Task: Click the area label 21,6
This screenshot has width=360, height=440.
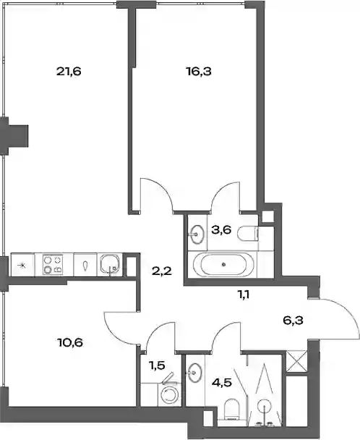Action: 69,71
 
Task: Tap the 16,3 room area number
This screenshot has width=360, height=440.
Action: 199,71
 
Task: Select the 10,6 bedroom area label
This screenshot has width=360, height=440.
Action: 70,342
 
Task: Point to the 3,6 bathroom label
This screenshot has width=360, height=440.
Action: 221,230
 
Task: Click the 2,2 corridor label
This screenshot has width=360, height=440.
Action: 162,271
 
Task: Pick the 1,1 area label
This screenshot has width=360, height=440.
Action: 244,295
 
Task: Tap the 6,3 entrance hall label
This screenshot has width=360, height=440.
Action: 293,320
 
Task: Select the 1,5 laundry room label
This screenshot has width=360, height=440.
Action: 157,365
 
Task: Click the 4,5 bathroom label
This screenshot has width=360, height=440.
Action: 222,383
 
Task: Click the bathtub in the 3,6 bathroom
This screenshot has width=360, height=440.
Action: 223,264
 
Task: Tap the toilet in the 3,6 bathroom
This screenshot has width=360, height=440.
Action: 248,233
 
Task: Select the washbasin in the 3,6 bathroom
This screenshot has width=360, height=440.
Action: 197,234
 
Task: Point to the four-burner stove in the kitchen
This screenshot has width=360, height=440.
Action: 53,265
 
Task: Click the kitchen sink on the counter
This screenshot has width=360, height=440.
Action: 110,265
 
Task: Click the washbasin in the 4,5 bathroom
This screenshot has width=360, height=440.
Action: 194,373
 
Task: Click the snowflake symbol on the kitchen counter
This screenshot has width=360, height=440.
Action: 22,265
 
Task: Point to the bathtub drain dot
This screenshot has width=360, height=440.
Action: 223,264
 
